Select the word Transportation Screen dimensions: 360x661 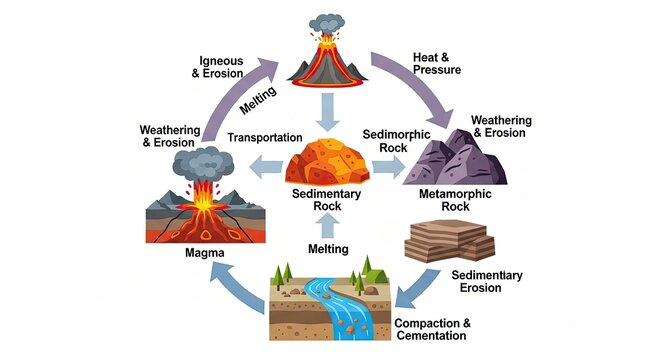pos(264,137)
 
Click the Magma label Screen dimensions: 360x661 pos(204,254)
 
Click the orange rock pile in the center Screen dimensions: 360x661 pos(328,159)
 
